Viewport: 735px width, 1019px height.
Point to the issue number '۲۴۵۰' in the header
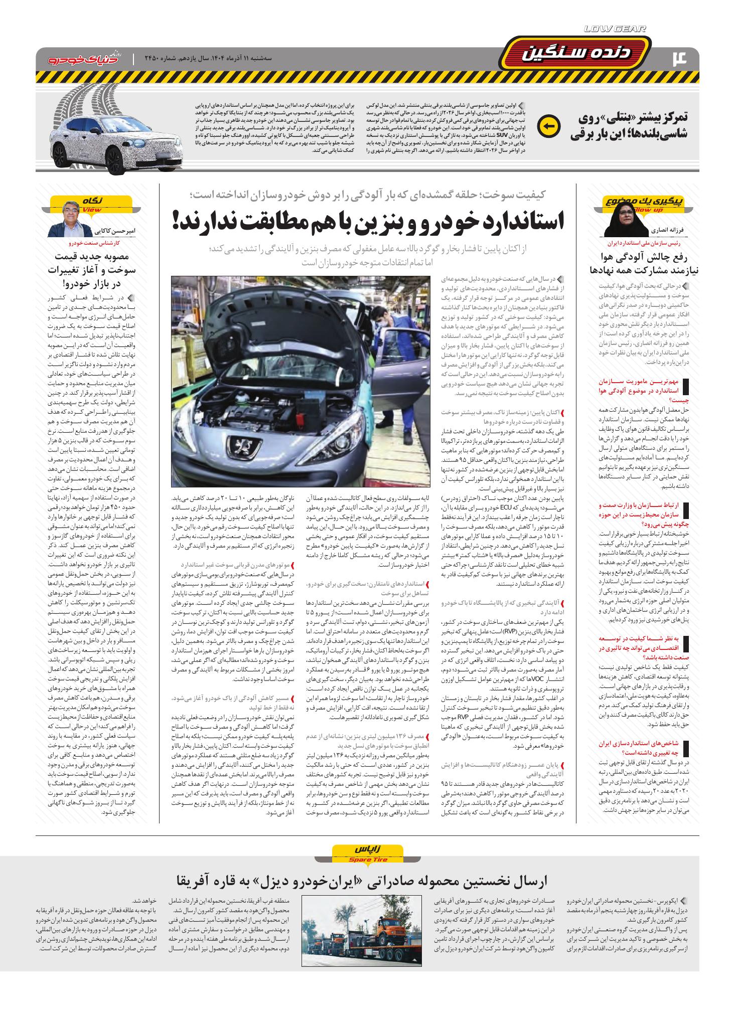[153, 59]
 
